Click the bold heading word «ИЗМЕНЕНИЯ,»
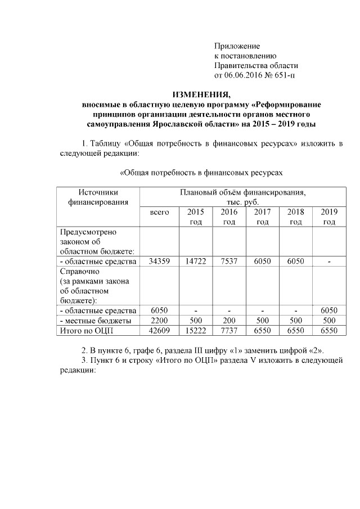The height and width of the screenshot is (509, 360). pyautogui.click(x=201, y=94)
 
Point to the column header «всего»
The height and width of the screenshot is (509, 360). pyautogui.click(x=159, y=213)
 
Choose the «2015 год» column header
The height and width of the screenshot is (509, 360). pyautogui.click(x=195, y=217)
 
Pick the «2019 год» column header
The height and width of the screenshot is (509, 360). pyautogui.click(x=329, y=217)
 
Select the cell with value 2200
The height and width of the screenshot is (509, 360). pyautogui.click(x=159, y=321)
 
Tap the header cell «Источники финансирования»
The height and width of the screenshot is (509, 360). pyautogui.click(x=98, y=197)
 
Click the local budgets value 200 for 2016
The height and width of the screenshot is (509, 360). pyautogui.click(x=229, y=321)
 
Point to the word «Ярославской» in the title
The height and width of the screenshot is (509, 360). pyautogui.click(x=180, y=124)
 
